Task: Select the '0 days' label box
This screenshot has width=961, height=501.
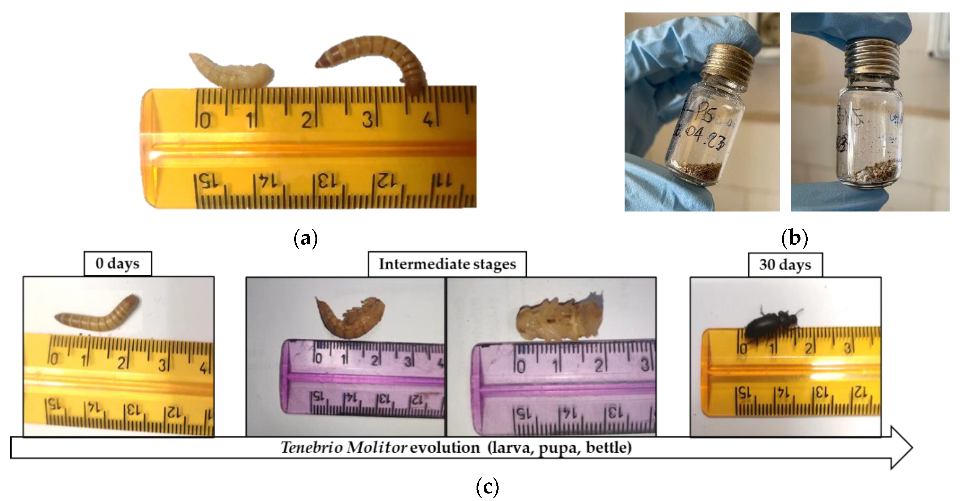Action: point(118,264)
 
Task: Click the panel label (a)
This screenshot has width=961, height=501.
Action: point(306,238)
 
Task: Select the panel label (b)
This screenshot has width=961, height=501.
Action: point(795,238)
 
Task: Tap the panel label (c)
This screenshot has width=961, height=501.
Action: point(487,486)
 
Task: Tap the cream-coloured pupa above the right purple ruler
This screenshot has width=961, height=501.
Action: point(556,319)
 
